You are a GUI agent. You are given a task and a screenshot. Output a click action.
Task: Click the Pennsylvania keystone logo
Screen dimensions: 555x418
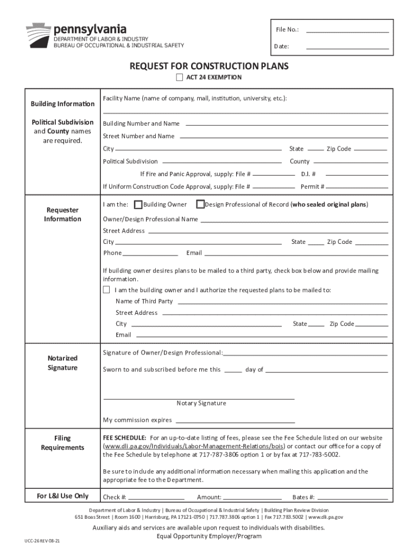(37, 35)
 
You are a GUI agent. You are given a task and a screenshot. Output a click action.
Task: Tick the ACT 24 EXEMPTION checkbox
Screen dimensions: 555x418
(180, 78)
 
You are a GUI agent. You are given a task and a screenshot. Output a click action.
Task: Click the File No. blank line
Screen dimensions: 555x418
(347, 32)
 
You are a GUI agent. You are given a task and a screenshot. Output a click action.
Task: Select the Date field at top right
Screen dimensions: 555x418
(347, 49)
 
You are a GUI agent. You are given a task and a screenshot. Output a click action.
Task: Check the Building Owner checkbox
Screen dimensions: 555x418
(138, 205)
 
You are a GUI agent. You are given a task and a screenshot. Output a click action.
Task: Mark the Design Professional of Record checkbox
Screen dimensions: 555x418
(200, 205)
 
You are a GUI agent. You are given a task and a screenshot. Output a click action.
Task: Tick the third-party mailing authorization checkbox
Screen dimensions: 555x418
(107, 290)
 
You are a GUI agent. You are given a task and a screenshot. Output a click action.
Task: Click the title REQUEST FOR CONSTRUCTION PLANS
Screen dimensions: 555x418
(209, 66)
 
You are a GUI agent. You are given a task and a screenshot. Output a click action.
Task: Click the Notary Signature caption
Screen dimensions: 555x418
(201, 403)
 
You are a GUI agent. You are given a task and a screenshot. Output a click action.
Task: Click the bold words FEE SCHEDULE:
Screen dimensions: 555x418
(124, 437)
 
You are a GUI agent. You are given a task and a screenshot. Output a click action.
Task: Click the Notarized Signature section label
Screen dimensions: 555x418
(62, 363)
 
